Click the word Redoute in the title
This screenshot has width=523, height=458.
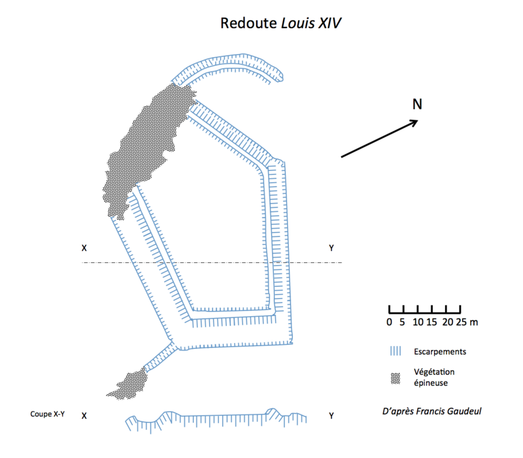[248, 24]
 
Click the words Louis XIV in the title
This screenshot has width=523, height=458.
[311, 24]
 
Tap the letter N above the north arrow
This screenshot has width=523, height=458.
[417, 104]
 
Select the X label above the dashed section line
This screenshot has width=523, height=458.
[84, 248]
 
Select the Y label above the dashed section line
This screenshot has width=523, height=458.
[331, 248]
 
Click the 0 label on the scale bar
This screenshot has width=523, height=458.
[389, 322]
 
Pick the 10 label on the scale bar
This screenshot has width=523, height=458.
[418, 322]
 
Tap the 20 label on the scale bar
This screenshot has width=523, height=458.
[448, 322]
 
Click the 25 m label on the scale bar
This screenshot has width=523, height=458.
[467, 322]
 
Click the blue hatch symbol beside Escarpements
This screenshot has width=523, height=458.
[396, 351]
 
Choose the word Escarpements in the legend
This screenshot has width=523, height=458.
[440, 351]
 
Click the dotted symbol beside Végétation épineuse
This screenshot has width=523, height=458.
[396, 379]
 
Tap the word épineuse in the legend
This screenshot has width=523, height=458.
[431, 383]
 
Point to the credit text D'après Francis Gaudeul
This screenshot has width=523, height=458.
[431, 411]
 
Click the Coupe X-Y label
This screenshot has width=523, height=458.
[47, 414]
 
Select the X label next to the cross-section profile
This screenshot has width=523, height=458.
[84, 415]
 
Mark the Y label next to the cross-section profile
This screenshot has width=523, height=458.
[331, 415]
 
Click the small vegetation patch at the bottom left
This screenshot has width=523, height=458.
[130, 385]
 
